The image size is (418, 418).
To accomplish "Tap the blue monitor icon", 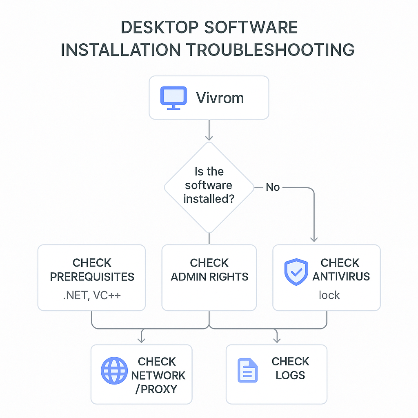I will (173, 98).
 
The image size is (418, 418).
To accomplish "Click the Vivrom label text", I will (220, 98).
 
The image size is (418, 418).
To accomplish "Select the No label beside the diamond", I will (273, 187).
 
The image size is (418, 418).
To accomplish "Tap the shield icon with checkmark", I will (296, 271).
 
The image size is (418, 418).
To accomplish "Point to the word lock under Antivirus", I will (329, 295).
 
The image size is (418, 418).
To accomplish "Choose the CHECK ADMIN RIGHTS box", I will (209, 277).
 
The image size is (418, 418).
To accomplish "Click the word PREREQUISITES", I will (92, 277).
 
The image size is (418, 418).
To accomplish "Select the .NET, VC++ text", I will (92, 295).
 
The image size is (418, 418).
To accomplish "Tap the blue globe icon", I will (114, 371).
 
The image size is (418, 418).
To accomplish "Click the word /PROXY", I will (156, 389).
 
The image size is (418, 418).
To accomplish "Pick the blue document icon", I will (247, 370).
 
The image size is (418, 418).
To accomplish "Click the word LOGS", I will (290, 376).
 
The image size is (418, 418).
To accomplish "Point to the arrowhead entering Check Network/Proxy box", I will (141, 340).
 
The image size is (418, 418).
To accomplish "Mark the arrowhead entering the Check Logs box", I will (276, 340).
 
